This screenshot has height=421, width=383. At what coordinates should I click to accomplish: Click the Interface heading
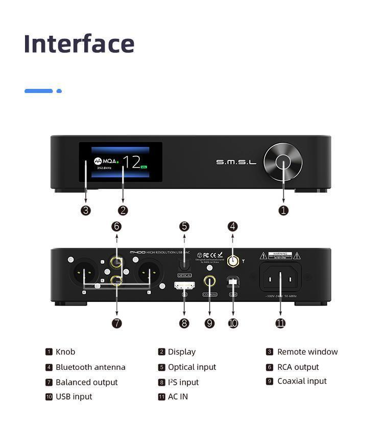[x=79, y=43]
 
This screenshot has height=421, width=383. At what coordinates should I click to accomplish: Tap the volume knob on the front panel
[x=283, y=162]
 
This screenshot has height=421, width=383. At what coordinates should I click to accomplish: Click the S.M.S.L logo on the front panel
[x=236, y=162]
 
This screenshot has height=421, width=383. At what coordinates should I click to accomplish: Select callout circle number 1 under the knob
[x=283, y=210]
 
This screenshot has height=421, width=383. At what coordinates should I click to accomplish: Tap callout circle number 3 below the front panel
[x=86, y=210]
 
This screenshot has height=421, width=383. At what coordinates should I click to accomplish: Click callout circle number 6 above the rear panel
[x=117, y=226]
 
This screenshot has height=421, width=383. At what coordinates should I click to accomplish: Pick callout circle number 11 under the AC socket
[x=280, y=323]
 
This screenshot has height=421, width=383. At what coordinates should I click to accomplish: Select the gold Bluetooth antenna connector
[x=233, y=261]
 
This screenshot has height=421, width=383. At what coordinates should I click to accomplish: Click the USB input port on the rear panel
[x=233, y=281]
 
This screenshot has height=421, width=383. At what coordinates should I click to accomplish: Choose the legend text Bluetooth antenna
[x=90, y=367]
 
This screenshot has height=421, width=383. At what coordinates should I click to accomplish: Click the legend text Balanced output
[x=86, y=382]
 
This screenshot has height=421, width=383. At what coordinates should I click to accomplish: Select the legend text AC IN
[x=178, y=396]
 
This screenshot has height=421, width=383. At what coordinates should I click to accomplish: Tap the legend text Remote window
[x=307, y=352]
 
